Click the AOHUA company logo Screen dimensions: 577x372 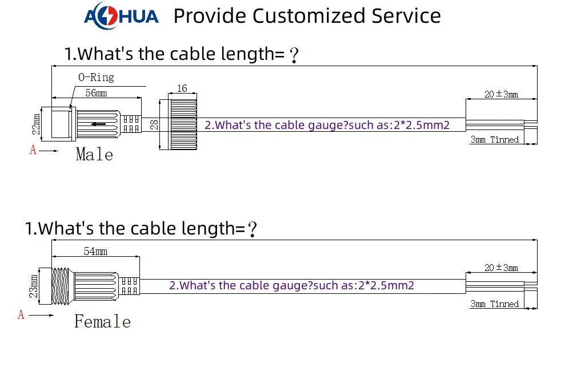[122, 16]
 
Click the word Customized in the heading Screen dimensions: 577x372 [310, 16]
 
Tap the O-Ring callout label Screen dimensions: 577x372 [96, 77]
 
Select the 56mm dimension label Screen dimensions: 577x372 [96, 92]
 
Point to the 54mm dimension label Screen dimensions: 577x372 [95, 252]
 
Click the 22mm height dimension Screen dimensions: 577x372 [35, 124]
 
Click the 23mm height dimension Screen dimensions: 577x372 [34, 286]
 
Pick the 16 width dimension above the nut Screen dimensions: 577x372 [182, 88]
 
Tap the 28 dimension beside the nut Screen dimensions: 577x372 [155, 124]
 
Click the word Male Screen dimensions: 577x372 [95, 154]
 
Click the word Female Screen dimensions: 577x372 [102, 321]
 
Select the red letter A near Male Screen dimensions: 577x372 [33, 150]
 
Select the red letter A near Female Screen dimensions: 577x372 [21, 314]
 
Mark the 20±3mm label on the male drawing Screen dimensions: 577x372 [501, 95]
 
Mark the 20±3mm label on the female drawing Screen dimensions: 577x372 [501, 268]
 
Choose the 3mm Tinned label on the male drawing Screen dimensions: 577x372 [495, 140]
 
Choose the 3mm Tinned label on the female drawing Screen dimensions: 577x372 [495, 304]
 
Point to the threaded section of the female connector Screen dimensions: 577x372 [61, 286]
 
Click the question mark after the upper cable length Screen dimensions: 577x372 [294, 55]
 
